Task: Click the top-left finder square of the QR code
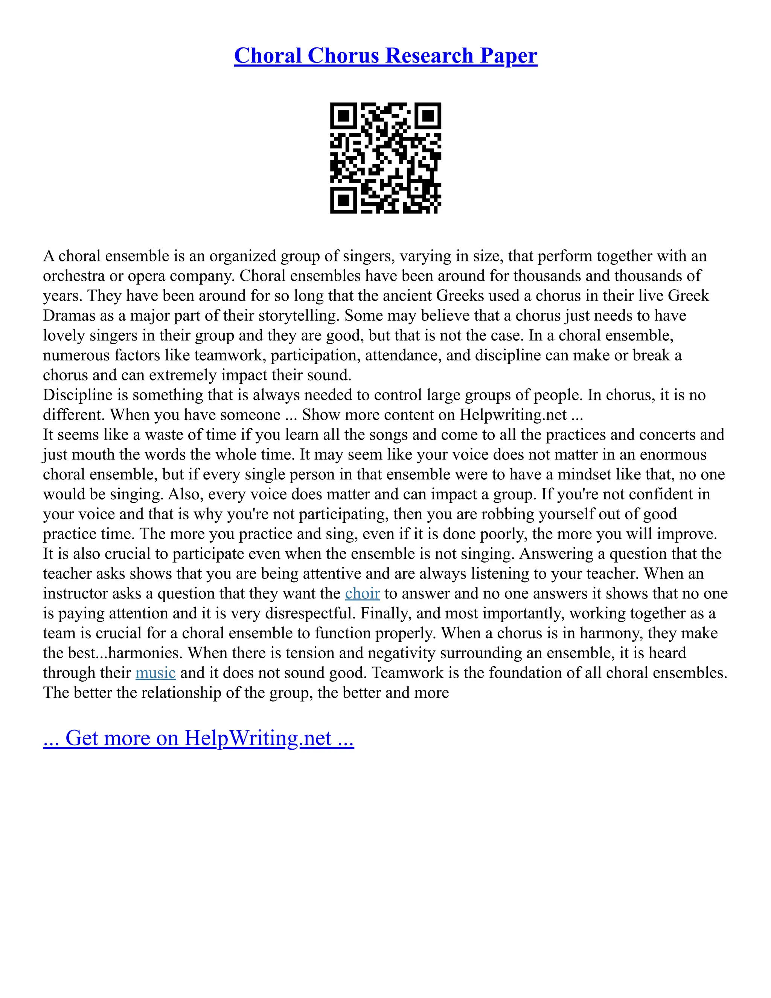click(343, 116)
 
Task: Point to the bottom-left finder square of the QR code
click(343, 200)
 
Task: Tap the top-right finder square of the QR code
click(428, 116)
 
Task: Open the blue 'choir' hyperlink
click(362, 594)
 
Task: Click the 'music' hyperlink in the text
click(155, 673)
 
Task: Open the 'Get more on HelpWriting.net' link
click(198, 739)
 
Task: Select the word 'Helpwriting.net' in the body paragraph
click(513, 415)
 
